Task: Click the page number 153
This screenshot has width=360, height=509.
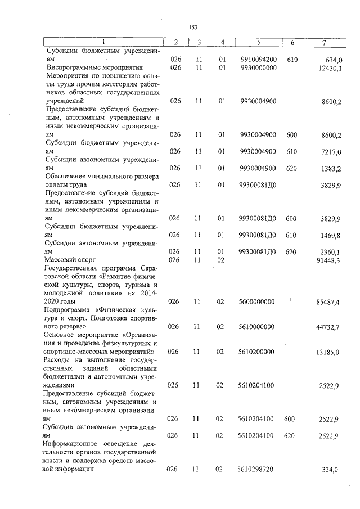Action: pos(192,27)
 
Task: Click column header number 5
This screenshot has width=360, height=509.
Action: pos(258,43)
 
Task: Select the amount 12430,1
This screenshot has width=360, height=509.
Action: pos(330,69)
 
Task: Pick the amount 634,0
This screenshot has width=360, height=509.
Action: pos(333,60)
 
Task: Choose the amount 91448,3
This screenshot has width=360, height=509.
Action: pos(330,260)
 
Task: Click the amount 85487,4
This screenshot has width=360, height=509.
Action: pos(330,303)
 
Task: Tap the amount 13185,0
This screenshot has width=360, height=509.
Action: pos(330,353)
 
